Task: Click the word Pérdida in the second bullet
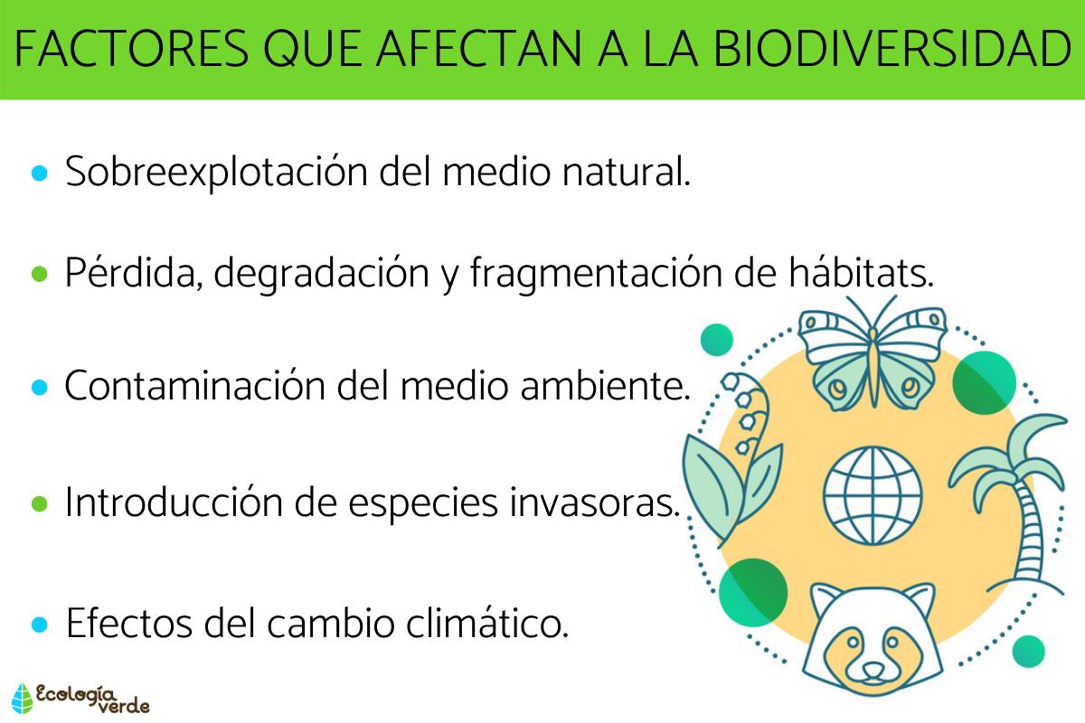[132, 273]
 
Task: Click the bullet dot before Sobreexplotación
[39, 173]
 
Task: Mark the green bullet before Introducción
[39, 503]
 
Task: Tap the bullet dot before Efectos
[39, 624]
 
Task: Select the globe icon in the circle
[872, 494]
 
